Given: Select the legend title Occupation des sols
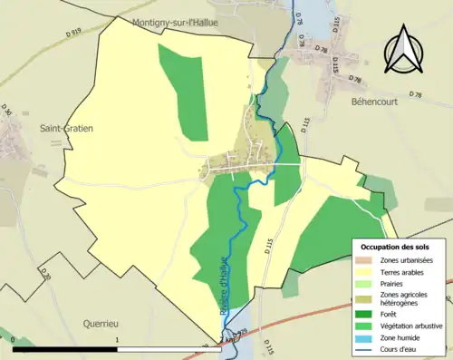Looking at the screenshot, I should pyautogui.click(x=398, y=247).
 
